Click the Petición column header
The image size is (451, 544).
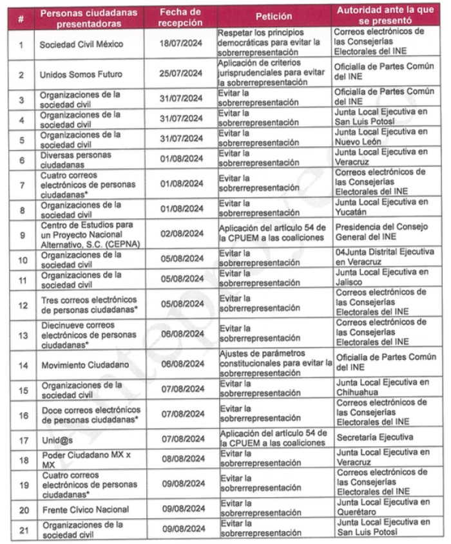click(x=274, y=17)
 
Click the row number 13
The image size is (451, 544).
click(x=21, y=335)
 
